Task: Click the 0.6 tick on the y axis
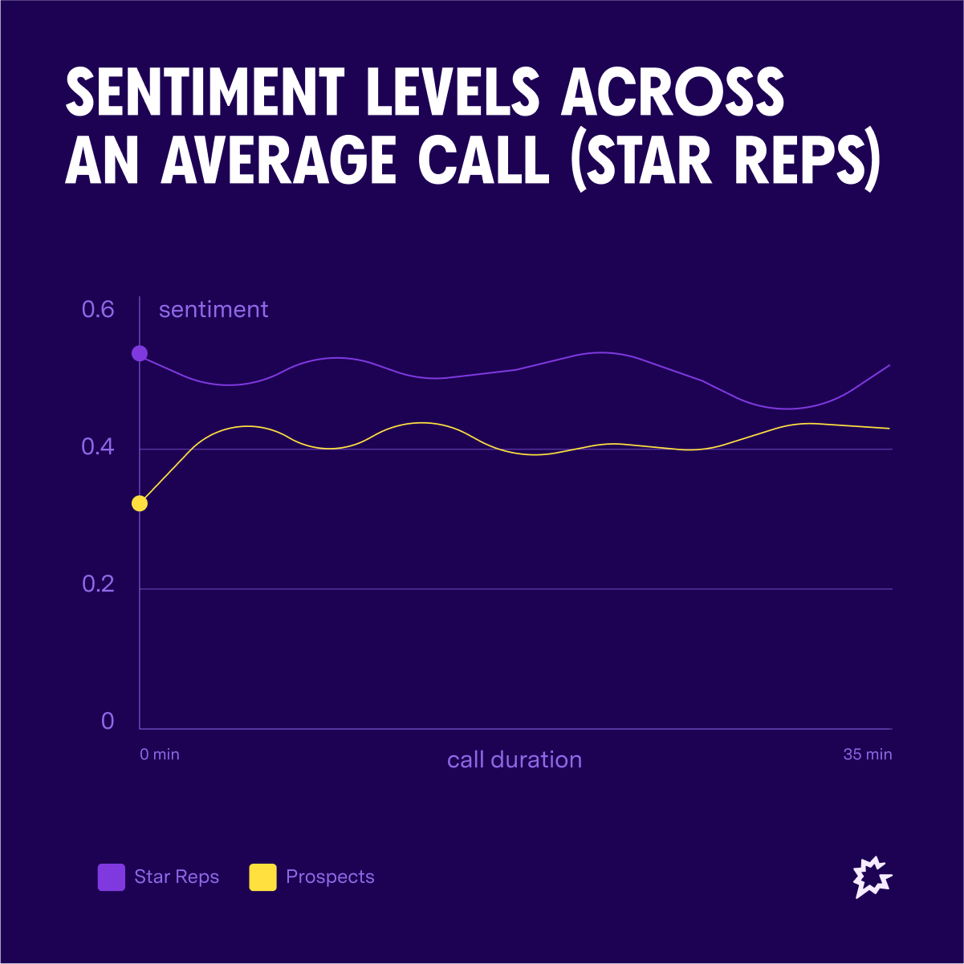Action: [x=98, y=309]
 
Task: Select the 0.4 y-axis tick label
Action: [x=98, y=447]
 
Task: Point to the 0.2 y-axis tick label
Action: [x=98, y=584]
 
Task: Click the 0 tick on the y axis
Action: [x=108, y=722]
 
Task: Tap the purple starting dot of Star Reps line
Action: [x=140, y=353]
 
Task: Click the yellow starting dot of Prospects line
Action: [x=140, y=503]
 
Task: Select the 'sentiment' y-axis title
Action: [x=214, y=310]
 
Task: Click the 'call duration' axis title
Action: [x=515, y=760]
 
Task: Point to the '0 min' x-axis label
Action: [x=160, y=755]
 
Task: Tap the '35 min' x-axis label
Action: [x=867, y=755]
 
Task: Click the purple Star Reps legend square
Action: [x=112, y=877]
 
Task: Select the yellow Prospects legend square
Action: [x=262, y=877]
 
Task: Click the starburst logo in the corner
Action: [x=872, y=877]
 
